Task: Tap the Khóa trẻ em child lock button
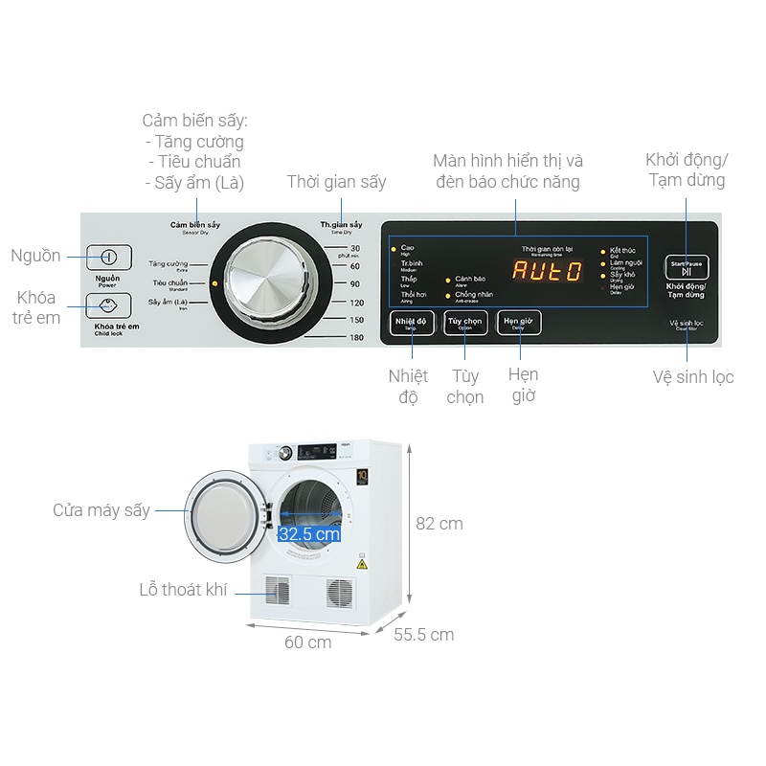pyautogui.click(x=108, y=305)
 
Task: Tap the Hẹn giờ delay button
pyautogui.click(x=520, y=323)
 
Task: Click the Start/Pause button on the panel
pyautogui.click(x=687, y=267)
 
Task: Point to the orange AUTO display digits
pyautogui.click(x=547, y=271)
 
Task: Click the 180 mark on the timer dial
pyautogui.click(x=356, y=337)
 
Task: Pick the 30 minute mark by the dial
pyautogui.click(x=355, y=249)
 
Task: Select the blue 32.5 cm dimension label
pyautogui.click(x=309, y=534)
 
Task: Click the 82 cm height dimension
pyautogui.click(x=439, y=524)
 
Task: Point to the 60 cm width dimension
pyautogui.click(x=307, y=642)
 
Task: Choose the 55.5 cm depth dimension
pyautogui.click(x=423, y=634)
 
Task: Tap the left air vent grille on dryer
pyautogui.click(x=277, y=590)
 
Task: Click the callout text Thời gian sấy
pyautogui.click(x=336, y=182)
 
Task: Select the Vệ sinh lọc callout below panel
pyautogui.click(x=693, y=377)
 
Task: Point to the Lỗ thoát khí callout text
pyautogui.click(x=184, y=590)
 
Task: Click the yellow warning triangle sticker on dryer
pyautogui.click(x=362, y=565)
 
